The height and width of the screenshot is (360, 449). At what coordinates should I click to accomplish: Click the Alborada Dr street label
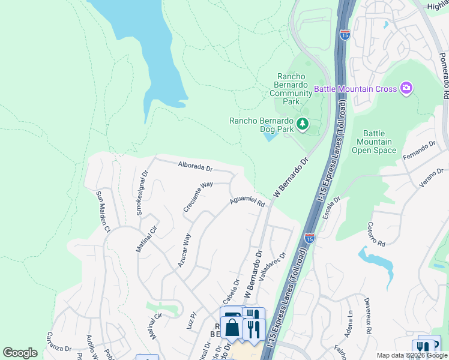195,167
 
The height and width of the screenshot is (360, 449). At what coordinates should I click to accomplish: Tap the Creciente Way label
198,197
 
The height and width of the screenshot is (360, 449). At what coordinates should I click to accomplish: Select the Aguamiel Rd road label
247,202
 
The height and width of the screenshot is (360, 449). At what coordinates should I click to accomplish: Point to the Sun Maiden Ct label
103,212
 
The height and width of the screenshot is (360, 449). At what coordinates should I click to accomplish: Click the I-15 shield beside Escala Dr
310,238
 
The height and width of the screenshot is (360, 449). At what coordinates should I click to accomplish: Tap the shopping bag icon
232,329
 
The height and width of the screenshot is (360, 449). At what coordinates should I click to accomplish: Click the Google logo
20,353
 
